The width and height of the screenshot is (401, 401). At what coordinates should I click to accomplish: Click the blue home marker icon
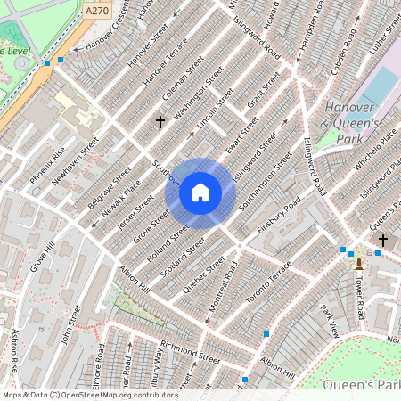tap(200, 192)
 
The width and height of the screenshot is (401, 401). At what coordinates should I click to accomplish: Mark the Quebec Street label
tap(203, 276)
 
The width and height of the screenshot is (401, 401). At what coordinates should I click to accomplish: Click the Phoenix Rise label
tap(47, 165)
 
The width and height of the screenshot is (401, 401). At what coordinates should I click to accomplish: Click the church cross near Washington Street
tap(160, 120)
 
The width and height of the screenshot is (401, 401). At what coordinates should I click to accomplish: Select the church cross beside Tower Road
tap(383, 240)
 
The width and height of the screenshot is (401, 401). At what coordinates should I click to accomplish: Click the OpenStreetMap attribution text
tap(89, 395)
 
